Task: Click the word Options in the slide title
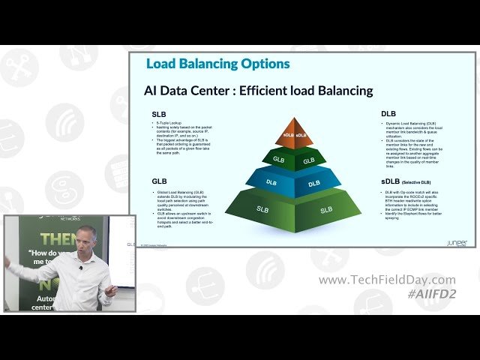point(259,64)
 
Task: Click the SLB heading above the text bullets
point(159,114)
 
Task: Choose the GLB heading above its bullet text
point(159,181)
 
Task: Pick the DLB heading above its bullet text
point(388,114)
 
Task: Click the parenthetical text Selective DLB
point(417,182)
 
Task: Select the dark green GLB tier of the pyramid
point(293,158)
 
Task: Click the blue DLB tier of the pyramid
point(293,181)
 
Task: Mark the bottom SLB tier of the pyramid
point(293,210)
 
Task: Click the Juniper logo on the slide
point(456,244)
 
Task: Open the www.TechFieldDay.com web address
point(386,280)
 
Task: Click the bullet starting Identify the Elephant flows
point(415,214)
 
